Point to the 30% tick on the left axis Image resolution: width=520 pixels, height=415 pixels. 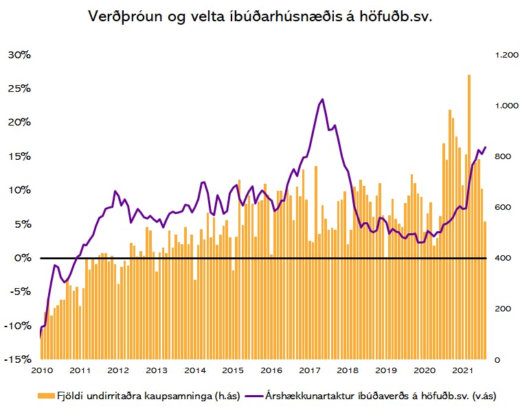pos(19,55)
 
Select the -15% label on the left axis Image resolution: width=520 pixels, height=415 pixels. pos(18,359)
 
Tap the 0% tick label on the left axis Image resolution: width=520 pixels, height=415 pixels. pos(23,258)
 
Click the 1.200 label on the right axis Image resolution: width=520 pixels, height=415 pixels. pos(506,55)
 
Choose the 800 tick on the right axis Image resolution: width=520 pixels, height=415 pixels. pos(503,156)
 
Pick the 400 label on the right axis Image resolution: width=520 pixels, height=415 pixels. pos(503,258)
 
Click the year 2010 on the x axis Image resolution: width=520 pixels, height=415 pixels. pos(42,370)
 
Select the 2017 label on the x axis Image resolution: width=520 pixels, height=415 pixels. pos(310,370)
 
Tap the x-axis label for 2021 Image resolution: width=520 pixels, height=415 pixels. pos(462,370)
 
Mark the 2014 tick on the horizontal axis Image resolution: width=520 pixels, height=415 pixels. pos(195,370)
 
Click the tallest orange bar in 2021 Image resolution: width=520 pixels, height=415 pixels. pos(469,217)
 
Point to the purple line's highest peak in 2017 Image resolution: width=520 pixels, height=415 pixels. pos(322,99)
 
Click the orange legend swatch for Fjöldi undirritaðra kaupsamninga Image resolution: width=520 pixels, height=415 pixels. pos(46,396)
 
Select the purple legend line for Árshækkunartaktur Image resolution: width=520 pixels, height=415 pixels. pos(254,396)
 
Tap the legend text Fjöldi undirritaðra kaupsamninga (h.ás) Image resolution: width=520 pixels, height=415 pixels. pos(148,396)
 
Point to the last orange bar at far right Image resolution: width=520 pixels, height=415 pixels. pos(485,290)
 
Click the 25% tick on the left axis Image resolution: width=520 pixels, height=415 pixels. pos(19,88)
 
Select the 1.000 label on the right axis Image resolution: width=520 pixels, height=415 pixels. pos(506,106)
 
